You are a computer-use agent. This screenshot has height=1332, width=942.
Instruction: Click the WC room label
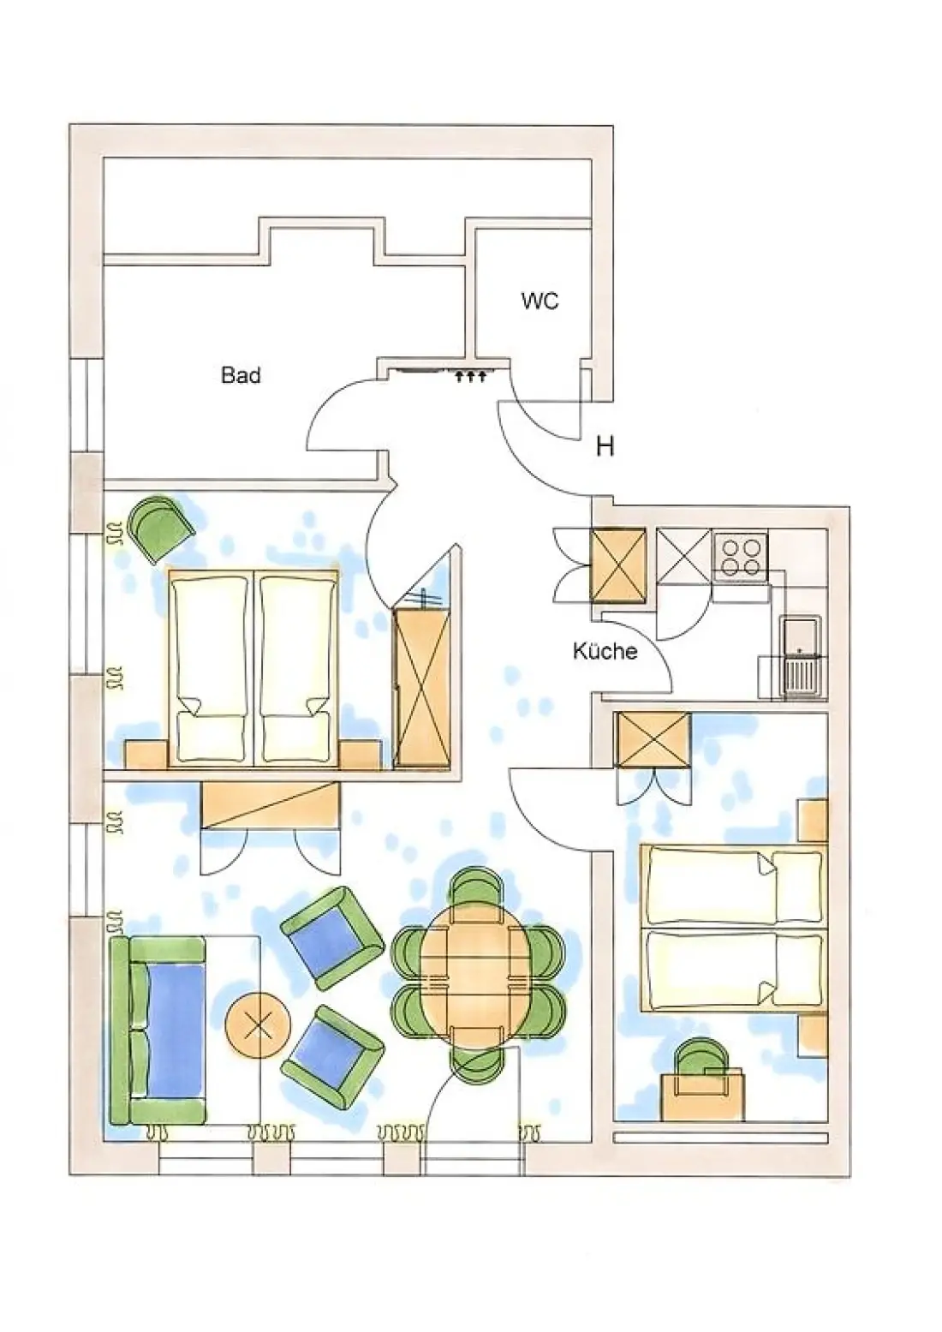click(540, 302)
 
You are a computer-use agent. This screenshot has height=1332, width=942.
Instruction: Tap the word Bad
click(241, 375)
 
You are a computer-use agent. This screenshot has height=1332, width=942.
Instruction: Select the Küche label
click(605, 651)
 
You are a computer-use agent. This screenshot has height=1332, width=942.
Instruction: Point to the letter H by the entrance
click(605, 446)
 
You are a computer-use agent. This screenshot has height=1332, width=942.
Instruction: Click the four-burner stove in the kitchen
click(741, 557)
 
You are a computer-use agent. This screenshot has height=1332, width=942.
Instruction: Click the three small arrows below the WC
click(471, 376)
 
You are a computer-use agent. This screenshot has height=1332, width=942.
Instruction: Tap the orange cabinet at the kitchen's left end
click(618, 564)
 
